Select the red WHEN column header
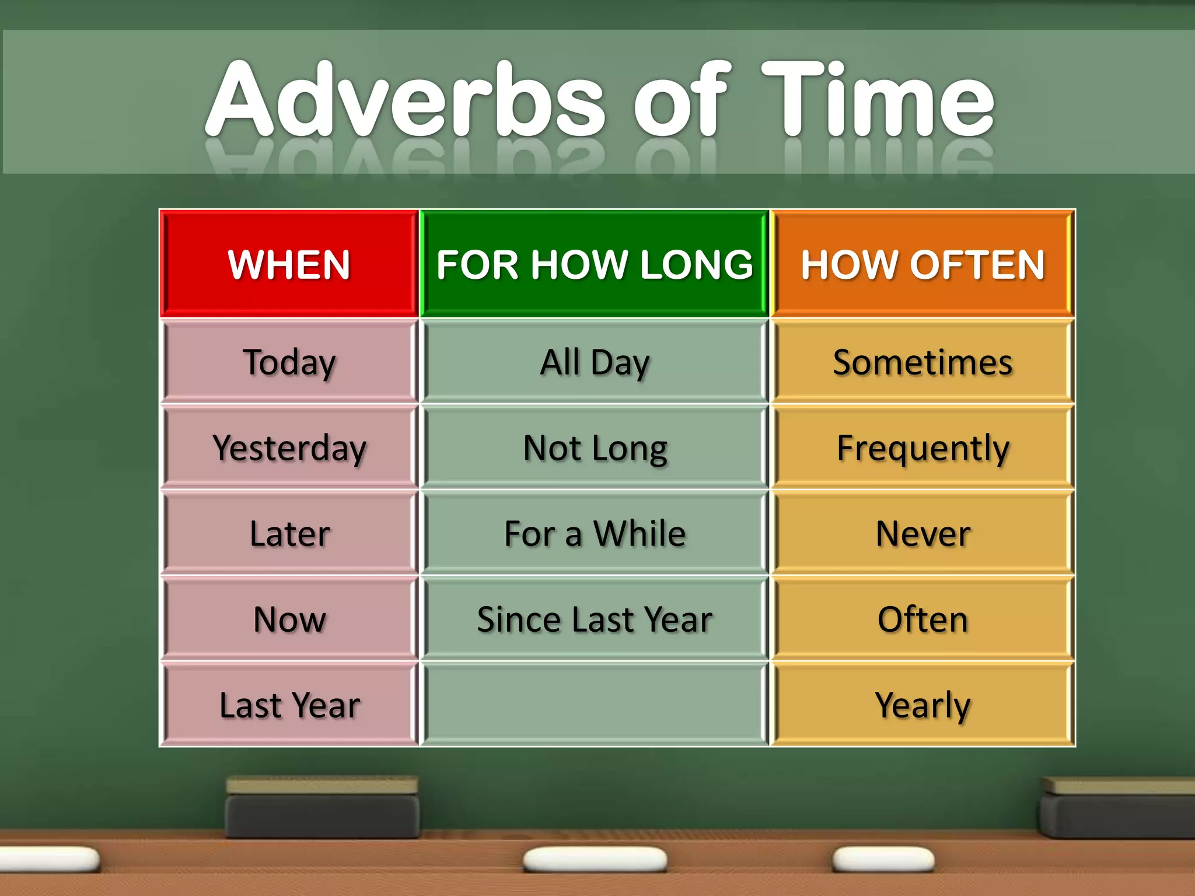tap(289, 264)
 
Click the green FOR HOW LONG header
tap(594, 264)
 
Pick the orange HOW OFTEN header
tap(923, 264)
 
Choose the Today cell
tap(289, 362)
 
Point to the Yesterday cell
tap(289, 448)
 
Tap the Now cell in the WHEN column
tap(289, 619)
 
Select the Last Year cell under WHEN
tap(289, 705)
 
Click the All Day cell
tap(594, 362)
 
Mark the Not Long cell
tap(594, 448)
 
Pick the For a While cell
tap(594, 534)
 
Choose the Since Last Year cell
tap(594, 619)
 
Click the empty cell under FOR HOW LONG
tap(594, 705)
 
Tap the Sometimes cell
tap(923, 362)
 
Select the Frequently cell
tap(923, 448)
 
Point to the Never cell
tap(923, 534)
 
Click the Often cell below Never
tap(923, 619)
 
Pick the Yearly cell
tap(923, 705)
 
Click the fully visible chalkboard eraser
tap(322, 808)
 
